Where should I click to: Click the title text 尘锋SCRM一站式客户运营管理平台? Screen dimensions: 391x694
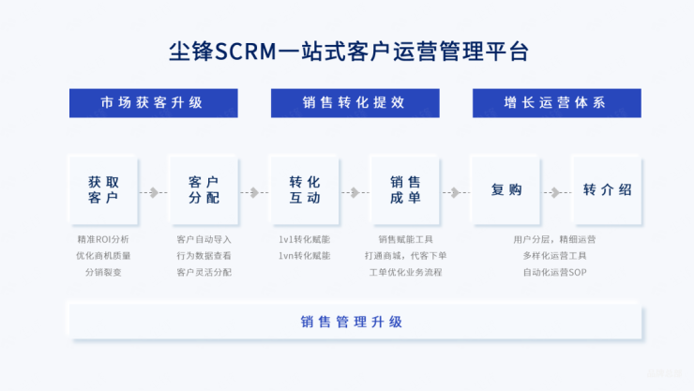point(347,50)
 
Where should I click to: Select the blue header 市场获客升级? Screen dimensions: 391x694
point(152,102)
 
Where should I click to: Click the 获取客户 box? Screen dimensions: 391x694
point(103,189)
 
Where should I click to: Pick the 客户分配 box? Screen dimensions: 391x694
point(203,189)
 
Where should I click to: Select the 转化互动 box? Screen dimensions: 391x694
point(304,189)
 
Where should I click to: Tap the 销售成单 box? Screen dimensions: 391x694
point(405,189)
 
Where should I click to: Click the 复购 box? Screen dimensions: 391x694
point(506,189)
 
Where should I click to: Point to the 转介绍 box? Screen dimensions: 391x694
point(607,189)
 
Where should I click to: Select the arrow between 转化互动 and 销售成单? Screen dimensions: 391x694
point(355,192)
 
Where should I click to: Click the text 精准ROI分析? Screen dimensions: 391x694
point(103,239)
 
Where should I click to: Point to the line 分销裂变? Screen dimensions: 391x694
point(103,272)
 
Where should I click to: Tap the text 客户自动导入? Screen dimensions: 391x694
point(204,239)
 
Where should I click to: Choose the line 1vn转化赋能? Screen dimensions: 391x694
point(304,255)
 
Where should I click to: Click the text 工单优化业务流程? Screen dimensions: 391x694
point(405,272)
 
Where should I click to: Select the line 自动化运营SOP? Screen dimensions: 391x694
point(554,272)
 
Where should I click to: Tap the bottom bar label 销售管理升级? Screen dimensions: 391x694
point(352,322)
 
